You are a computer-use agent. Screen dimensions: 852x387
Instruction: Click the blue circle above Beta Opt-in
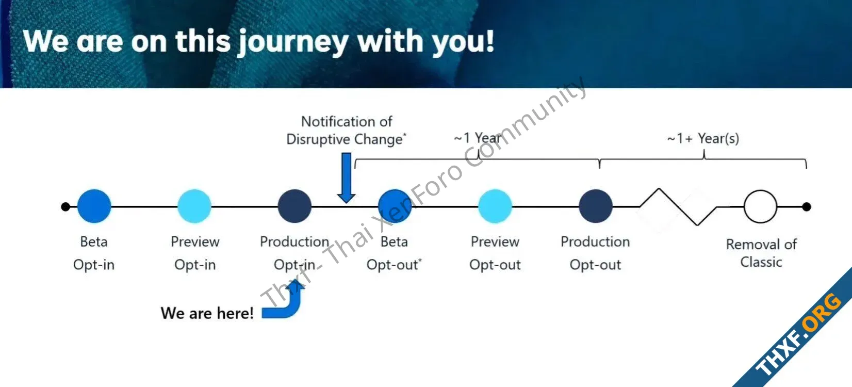click(x=94, y=206)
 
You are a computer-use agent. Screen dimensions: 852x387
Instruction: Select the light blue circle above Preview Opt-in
click(x=194, y=206)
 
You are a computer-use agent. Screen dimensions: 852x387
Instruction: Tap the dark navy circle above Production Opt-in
click(x=294, y=206)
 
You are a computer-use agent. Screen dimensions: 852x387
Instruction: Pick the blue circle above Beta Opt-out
click(x=395, y=206)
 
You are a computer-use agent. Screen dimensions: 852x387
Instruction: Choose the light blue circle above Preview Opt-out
click(x=495, y=206)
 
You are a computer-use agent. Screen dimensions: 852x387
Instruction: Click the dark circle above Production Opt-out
click(x=596, y=206)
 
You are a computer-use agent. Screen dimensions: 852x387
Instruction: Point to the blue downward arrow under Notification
click(x=346, y=178)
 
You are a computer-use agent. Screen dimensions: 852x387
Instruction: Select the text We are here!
click(x=207, y=313)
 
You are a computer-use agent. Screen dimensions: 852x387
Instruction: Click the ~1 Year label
click(x=478, y=138)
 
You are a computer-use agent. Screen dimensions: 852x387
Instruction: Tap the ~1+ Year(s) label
click(x=703, y=138)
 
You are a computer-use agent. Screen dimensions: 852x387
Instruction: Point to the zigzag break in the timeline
click(x=678, y=206)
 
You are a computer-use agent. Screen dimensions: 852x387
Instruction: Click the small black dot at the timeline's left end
click(x=65, y=206)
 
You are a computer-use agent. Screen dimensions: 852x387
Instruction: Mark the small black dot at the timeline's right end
click(x=807, y=206)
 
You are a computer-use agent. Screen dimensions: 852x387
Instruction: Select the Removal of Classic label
click(x=761, y=253)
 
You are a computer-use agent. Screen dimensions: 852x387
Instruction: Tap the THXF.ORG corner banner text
click(x=798, y=334)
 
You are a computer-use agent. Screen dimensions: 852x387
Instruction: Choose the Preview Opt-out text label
click(x=495, y=253)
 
